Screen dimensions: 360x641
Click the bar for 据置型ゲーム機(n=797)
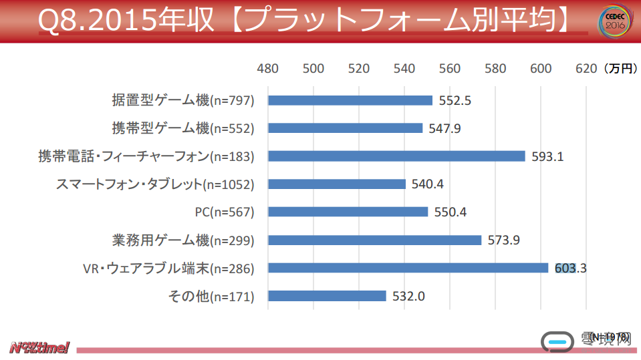point(350,100)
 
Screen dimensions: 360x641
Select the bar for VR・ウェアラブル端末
point(408,268)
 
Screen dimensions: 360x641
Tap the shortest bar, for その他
point(327,296)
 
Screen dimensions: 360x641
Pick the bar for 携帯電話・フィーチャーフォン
point(396,156)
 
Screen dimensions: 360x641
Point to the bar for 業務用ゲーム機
point(374,240)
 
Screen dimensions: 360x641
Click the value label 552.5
point(455,101)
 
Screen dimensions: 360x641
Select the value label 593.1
point(548,157)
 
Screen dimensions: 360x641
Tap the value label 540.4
point(428,184)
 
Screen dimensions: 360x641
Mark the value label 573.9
point(504,240)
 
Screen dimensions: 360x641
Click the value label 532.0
point(408,297)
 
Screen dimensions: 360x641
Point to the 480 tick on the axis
point(268,68)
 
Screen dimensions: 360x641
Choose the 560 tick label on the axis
point(450,68)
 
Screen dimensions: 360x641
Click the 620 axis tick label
point(586,68)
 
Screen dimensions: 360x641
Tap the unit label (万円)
point(620,68)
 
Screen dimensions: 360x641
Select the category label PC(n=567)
point(225,212)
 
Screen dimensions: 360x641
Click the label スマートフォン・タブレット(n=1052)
point(155,184)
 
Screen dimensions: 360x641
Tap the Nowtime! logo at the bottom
point(39,347)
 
